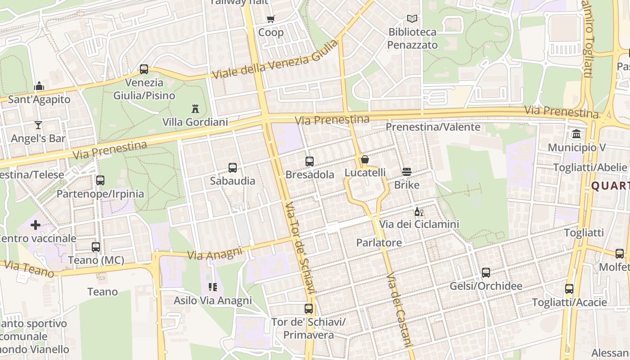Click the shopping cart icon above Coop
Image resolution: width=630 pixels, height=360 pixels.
tap(270, 19)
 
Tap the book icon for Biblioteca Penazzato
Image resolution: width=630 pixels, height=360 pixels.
tap(412, 18)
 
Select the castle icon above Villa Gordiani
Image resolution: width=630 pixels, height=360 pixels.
tap(195, 108)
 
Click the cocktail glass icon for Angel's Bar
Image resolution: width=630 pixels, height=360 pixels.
tap(38, 125)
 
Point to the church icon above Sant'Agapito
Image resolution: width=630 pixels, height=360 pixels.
tap(39, 86)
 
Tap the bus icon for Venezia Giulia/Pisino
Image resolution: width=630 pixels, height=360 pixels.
tap(144, 69)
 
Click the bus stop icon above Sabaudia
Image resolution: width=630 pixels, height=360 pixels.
tap(233, 168)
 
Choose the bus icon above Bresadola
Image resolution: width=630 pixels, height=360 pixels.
tap(310, 162)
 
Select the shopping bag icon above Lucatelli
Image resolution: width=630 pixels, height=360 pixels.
tap(365, 159)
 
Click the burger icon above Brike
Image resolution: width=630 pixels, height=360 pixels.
tap(407, 171)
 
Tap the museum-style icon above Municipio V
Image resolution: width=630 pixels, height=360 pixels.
tap(576, 134)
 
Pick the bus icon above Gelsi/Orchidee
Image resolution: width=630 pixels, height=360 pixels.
tap(486, 273)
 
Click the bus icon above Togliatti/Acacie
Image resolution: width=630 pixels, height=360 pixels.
tap(569, 289)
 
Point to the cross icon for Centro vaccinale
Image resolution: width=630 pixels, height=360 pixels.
tap(36, 225)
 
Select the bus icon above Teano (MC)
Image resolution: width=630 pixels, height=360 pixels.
tap(96, 247)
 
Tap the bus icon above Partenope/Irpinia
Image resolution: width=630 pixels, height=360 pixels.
tap(100, 180)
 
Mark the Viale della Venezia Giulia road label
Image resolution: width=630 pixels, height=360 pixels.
tap(274, 60)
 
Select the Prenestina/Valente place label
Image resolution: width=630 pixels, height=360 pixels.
tap(433, 127)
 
